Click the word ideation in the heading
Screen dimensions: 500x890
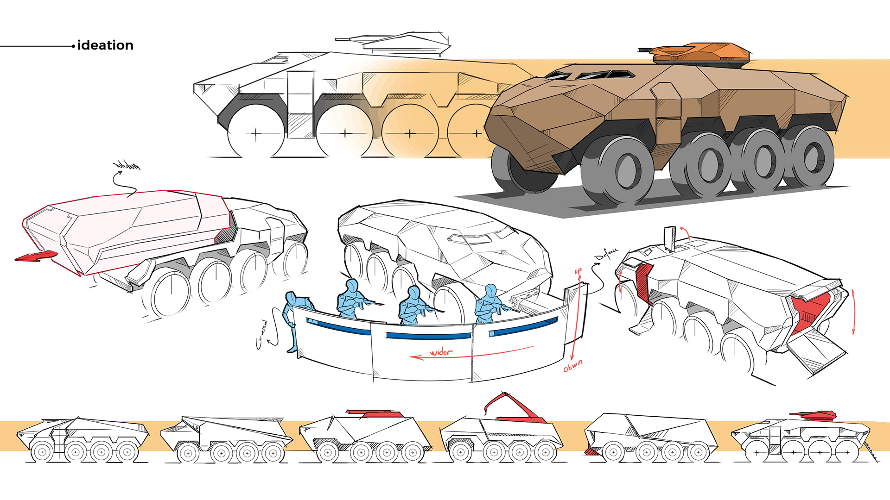[105, 45]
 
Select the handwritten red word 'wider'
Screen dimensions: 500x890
[441, 352]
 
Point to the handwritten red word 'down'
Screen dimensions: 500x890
[573, 366]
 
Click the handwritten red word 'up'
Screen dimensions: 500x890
[578, 271]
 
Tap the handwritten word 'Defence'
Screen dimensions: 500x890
[607, 254]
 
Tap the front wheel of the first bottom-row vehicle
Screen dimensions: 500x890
[42, 452]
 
